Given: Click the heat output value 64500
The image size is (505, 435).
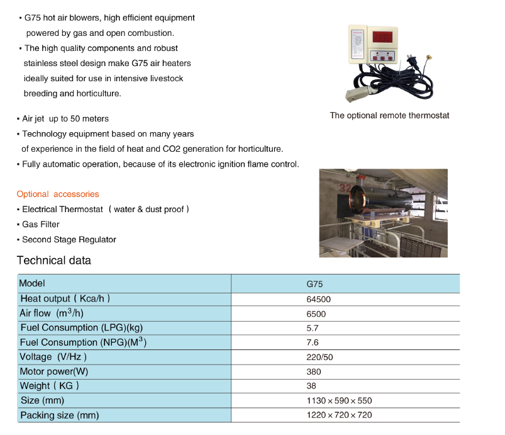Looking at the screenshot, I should [x=318, y=299].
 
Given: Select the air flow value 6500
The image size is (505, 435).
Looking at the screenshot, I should [x=316, y=314].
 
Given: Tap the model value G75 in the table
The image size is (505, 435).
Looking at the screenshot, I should [x=314, y=284].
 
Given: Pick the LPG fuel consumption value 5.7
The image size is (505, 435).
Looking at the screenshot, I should [x=312, y=328].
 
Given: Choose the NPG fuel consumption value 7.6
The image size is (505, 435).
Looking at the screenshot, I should [x=312, y=342].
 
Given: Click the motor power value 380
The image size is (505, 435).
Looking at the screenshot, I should [x=313, y=371].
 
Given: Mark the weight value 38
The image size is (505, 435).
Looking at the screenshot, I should [x=311, y=386].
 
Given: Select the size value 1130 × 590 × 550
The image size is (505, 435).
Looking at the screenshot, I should [x=339, y=400].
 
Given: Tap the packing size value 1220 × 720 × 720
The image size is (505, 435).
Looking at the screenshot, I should [x=339, y=415].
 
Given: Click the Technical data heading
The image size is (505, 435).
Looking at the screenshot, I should [x=54, y=261].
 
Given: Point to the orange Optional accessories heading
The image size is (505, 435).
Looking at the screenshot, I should [x=58, y=194].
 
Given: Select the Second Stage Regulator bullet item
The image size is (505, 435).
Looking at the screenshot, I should [x=69, y=239].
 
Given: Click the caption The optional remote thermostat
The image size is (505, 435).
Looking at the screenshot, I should [x=389, y=116].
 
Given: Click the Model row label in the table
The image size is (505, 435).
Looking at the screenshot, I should [x=33, y=283].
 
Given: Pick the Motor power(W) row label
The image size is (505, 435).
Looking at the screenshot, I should [x=54, y=371].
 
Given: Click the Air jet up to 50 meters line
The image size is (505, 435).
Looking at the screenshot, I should [x=65, y=118].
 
